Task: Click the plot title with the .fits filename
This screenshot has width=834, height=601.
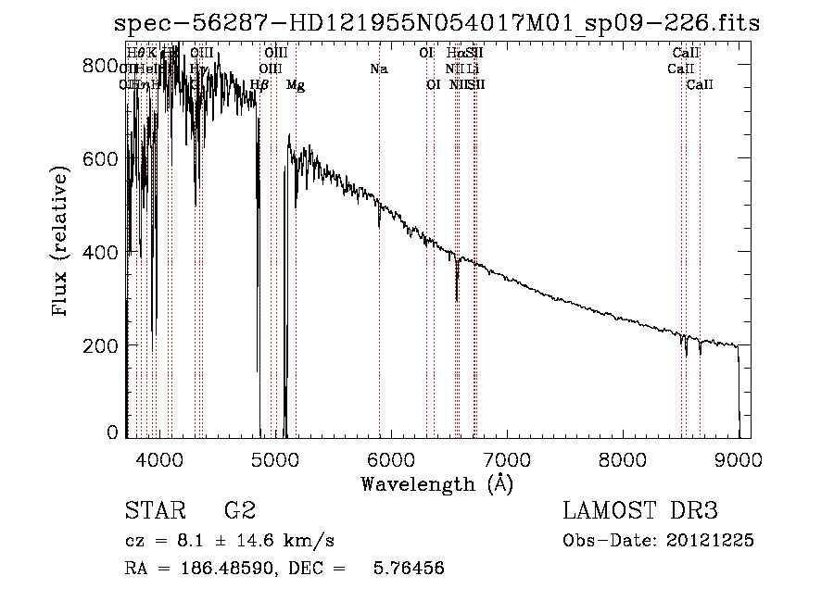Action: pos(436,23)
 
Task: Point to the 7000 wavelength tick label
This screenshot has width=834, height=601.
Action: pos(507,458)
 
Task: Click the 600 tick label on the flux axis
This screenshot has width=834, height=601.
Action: pos(100,158)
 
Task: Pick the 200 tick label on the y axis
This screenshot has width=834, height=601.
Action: pos(100,344)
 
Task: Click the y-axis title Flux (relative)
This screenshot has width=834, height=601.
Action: pos(62,244)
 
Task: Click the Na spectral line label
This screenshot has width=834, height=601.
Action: pos(378,69)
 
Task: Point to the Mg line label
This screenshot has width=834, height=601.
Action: pos(296,85)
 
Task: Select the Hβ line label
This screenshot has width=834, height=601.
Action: pos(259,85)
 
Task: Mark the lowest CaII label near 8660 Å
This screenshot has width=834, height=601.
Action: pos(700,85)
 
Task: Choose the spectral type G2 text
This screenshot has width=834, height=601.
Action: pos(239,511)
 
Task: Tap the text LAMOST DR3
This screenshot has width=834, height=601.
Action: pos(640,511)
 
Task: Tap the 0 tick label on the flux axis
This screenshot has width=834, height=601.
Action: pos(113,432)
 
